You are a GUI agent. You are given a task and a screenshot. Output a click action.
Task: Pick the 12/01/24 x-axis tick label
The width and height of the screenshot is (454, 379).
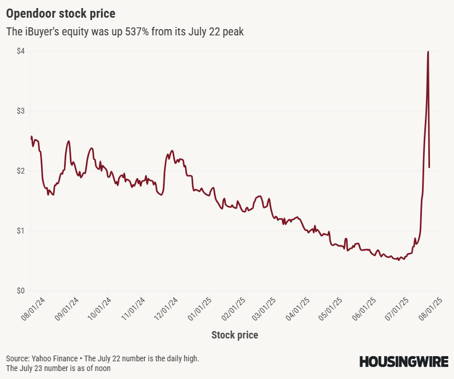[166, 308]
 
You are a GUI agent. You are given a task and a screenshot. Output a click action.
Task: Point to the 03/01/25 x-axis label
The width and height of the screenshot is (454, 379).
[265, 308]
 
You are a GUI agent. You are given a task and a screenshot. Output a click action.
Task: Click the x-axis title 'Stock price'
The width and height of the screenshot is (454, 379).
[234, 335]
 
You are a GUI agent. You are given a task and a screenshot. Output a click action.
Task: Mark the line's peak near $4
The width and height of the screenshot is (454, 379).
[428, 52]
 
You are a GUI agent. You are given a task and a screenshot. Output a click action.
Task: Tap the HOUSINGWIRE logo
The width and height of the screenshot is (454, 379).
[403, 361]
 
